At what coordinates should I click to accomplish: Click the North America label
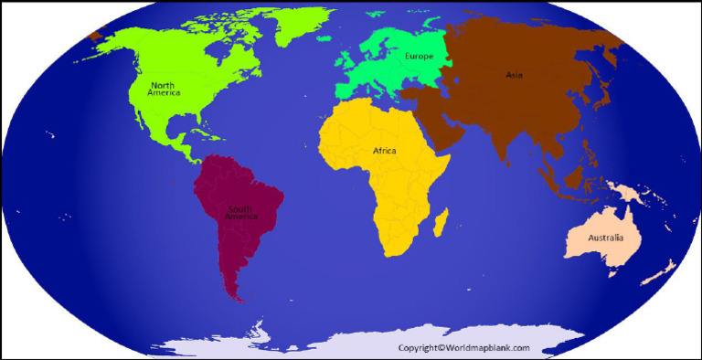click(164, 89)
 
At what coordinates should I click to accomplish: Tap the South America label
click(241, 213)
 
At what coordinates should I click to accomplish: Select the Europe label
click(419, 57)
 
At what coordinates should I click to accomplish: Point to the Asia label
click(515, 75)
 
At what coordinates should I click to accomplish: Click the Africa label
click(384, 150)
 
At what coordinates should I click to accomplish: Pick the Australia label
click(605, 238)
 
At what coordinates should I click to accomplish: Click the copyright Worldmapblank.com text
click(463, 348)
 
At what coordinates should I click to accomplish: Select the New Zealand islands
click(660, 271)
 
